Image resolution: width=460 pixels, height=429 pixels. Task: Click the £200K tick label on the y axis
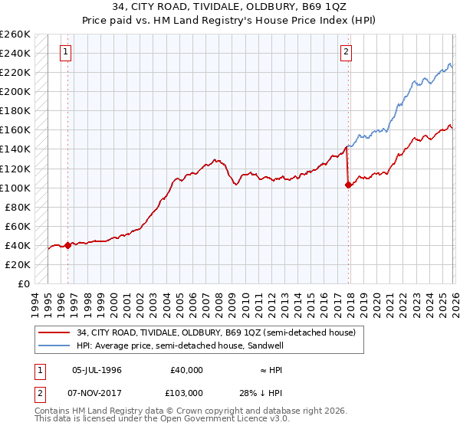pyautogui.click(x=15, y=91)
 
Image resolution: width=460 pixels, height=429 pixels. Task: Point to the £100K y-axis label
pyautogui.click(x=15, y=188)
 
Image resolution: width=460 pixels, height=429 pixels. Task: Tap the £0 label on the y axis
pyautogui.click(x=23, y=283)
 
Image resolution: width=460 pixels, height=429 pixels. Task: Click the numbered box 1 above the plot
pyautogui.click(x=66, y=52)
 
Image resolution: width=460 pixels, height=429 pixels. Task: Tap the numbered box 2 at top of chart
pyautogui.click(x=347, y=52)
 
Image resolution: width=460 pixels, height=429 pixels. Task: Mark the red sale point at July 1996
pyautogui.click(x=67, y=245)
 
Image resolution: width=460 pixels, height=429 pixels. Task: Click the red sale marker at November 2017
pyautogui.click(x=349, y=185)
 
